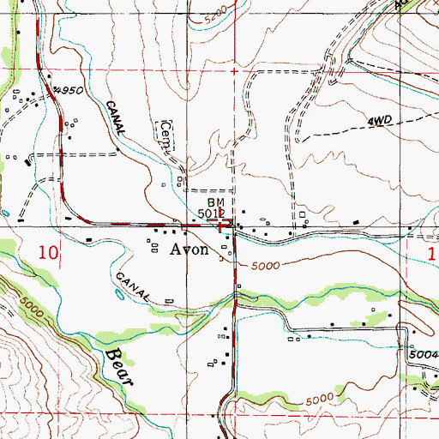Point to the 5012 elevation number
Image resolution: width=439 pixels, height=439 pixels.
(211, 211)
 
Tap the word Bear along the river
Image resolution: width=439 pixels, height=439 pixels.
(118, 365)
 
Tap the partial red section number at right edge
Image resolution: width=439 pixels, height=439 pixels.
(433, 253)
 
